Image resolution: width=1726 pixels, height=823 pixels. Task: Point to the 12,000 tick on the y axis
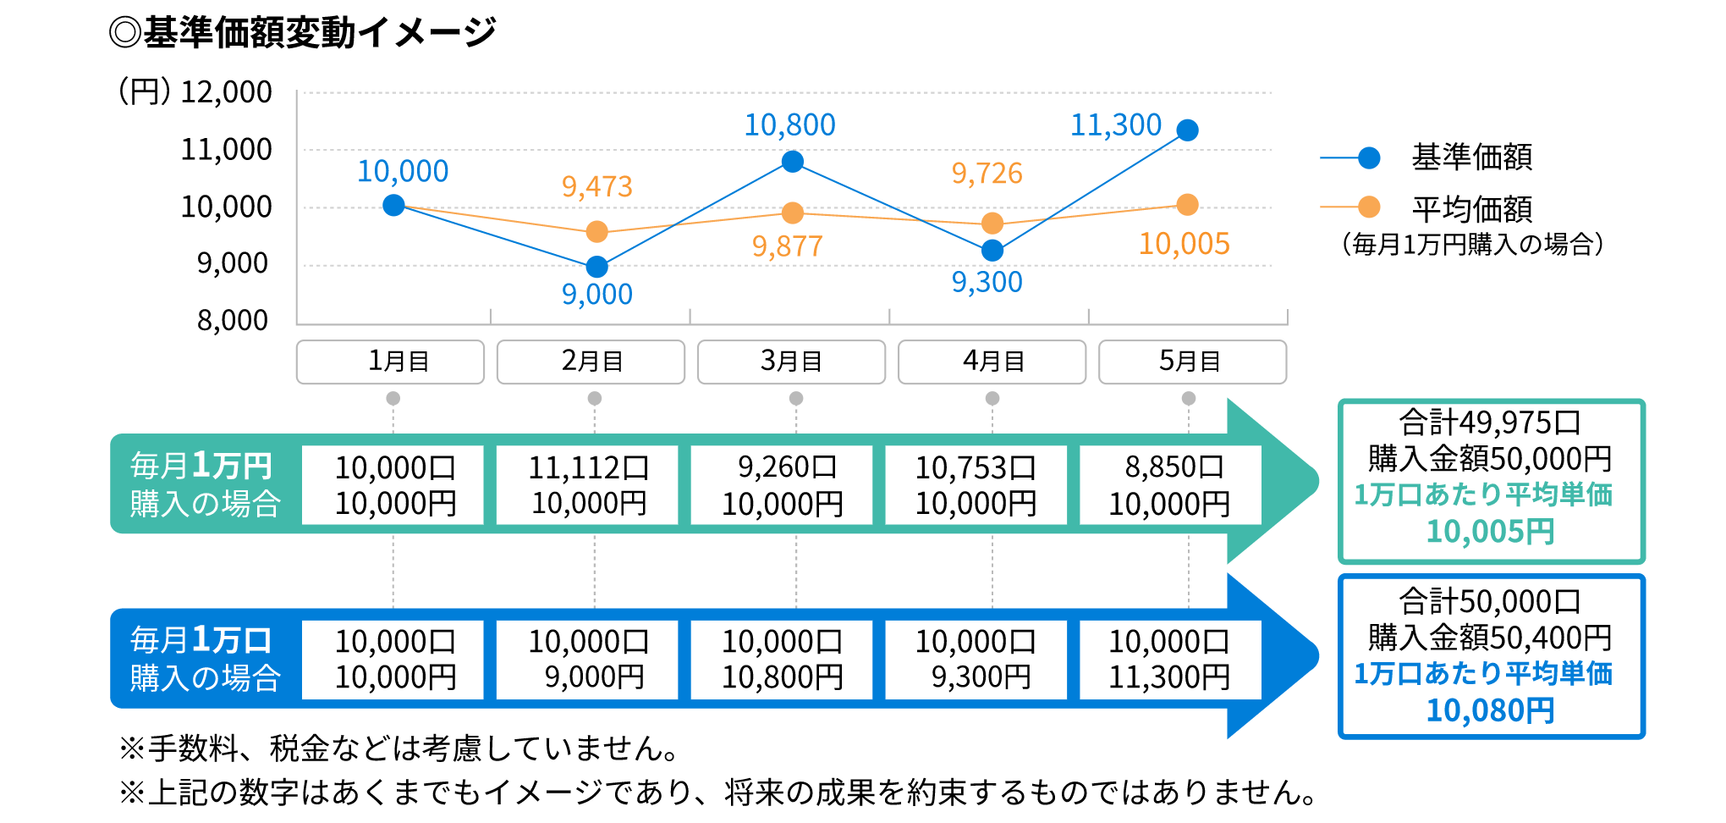(226, 92)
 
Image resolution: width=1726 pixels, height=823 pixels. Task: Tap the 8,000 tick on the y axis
(233, 321)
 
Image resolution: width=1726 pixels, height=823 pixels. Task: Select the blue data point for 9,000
(596, 267)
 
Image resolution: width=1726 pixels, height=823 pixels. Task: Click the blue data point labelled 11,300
(1187, 130)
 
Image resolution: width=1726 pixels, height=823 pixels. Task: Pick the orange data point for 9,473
(596, 231)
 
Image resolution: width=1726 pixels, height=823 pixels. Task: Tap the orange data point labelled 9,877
(793, 213)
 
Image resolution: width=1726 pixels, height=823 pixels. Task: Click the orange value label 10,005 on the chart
(1184, 244)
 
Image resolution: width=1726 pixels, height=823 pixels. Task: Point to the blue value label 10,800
(789, 125)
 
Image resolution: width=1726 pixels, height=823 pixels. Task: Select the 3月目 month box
(791, 362)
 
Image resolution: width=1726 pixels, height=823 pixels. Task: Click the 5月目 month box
(1192, 362)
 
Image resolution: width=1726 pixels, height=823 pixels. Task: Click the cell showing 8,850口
(1170, 485)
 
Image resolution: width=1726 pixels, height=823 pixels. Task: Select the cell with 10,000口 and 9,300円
(976, 660)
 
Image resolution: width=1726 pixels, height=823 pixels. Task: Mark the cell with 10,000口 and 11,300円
(1170, 660)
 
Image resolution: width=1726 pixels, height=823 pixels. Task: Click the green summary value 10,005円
(1490, 532)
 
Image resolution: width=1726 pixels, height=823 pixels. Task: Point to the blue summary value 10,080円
(1490, 710)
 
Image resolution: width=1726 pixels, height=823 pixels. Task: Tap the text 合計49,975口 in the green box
(1490, 422)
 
